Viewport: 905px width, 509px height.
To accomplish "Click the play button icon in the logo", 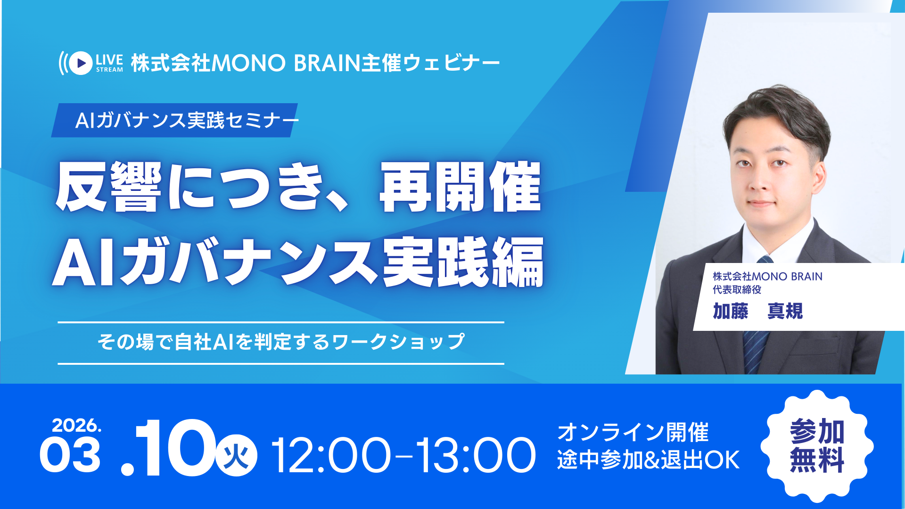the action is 81,63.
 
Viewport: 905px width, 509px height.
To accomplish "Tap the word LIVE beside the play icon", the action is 109,60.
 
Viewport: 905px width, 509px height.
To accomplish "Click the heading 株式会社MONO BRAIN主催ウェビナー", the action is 315,63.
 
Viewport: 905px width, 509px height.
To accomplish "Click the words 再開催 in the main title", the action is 461,187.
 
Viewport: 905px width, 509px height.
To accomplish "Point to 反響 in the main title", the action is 108,187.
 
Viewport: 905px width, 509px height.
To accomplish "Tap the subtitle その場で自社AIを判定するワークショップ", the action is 281,342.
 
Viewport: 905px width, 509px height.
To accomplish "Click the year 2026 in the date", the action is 76,425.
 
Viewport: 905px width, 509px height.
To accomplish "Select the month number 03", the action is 70,455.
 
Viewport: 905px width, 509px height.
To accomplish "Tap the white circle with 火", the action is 236,455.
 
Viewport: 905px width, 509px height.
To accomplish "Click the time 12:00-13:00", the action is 403,455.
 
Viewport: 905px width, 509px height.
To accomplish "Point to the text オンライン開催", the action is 633,433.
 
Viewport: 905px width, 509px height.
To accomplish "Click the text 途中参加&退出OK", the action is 649,460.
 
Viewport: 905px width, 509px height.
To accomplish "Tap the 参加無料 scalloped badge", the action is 817,446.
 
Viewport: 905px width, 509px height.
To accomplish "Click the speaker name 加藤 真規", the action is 757,311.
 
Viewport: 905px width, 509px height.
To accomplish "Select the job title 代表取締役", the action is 737,289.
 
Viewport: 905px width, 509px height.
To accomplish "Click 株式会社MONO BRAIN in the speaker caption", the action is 767,276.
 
